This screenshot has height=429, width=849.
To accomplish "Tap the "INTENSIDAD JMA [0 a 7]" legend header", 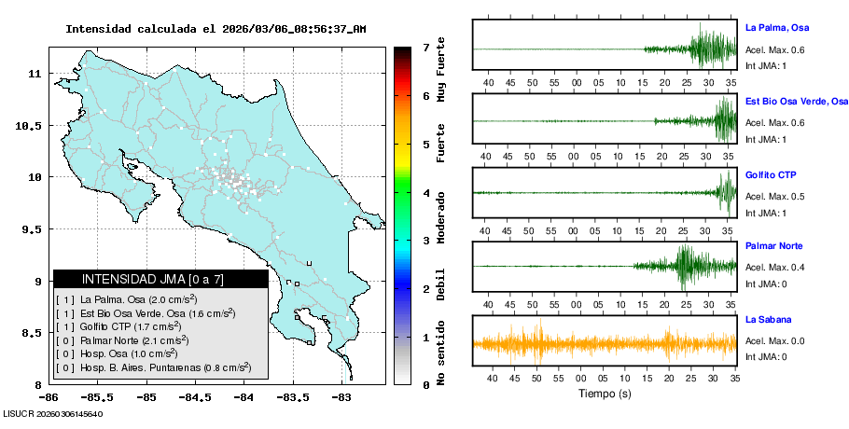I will (x=160, y=279).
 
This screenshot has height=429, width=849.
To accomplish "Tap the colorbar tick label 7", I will (x=425, y=47).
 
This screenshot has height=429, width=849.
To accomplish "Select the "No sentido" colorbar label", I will (x=441, y=355).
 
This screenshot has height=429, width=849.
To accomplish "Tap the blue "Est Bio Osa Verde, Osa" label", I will (x=796, y=101).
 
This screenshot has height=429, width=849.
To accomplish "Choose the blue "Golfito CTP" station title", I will (x=771, y=174).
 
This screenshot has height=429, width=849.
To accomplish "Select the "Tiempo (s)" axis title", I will (x=605, y=394).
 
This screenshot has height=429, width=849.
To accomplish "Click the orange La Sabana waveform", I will (x=605, y=344).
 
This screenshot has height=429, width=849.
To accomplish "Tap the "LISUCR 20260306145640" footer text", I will (x=53, y=413).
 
